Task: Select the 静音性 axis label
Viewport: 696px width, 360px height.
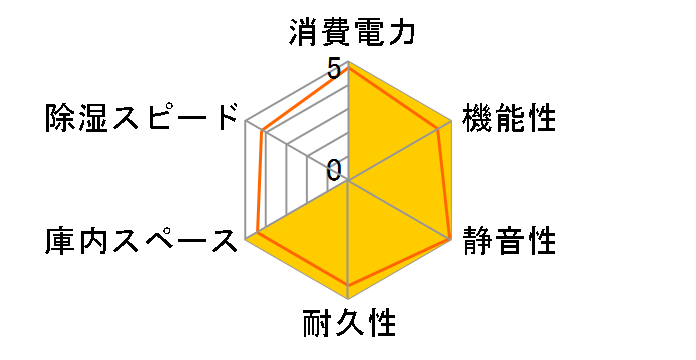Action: [510, 241]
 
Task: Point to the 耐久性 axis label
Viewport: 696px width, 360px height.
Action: [348, 326]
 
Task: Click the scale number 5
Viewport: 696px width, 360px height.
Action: [333, 71]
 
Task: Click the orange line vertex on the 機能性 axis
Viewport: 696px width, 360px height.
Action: [440, 128]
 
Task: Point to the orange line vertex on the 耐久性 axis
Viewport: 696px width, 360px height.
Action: [348, 287]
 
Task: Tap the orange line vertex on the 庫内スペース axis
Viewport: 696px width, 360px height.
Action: [258, 232]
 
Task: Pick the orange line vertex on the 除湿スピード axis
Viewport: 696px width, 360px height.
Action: [263, 131]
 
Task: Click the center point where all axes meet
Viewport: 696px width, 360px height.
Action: [348, 181]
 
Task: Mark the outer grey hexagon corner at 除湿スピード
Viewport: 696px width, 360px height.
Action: [247, 122]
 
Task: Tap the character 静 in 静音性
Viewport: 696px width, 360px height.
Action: [478, 241]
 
